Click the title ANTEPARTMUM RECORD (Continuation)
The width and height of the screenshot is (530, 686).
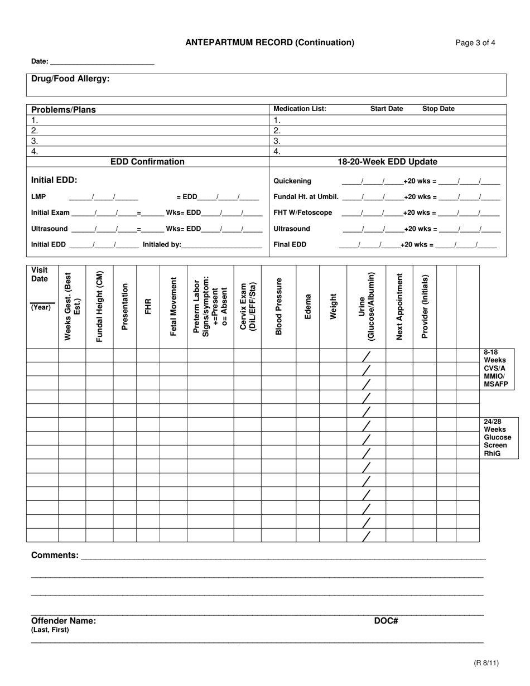tap(269, 42)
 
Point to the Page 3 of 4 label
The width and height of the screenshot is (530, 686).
tap(475, 43)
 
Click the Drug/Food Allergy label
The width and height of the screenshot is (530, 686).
tap(70, 79)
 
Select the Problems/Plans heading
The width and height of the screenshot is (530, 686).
tap(63, 110)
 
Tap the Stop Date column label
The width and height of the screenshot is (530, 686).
tap(438, 109)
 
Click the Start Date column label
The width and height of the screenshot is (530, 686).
tap(387, 109)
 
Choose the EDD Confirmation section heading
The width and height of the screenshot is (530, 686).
tap(147, 162)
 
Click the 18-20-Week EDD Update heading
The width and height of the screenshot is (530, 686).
tap(387, 162)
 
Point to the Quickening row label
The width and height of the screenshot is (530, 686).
tap(292, 181)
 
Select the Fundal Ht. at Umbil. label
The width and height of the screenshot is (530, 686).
tap(306, 197)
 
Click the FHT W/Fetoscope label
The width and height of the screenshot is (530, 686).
tap(302, 212)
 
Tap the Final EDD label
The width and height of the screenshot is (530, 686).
tap(290, 244)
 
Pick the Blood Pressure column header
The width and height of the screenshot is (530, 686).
tap(278, 306)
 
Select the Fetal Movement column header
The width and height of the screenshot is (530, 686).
tap(173, 306)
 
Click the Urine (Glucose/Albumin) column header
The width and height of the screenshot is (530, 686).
tap(366, 306)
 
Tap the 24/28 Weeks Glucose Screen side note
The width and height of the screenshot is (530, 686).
tap(497, 438)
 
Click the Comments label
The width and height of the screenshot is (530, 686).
tap(55, 555)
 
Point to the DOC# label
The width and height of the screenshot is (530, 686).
tap(386, 621)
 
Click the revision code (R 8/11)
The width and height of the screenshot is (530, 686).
tap(486, 663)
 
